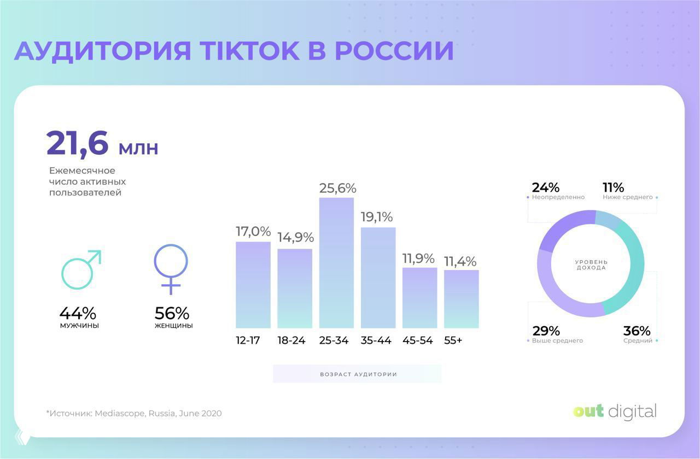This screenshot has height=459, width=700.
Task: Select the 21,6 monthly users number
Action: (x=78, y=144)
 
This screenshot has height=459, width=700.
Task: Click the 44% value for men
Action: (x=78, y=313)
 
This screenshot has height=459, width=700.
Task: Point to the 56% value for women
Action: (x=172, y=313)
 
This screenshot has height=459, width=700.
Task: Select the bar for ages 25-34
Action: (x=336, y=262)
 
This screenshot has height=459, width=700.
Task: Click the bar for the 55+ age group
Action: (x=461, y=299)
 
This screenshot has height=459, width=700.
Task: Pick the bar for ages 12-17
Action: (x=253, y=284)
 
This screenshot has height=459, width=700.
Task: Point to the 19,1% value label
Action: (x=377, y=217)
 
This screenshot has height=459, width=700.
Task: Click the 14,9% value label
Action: (x=295, y=238)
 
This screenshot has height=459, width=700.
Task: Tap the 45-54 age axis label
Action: (x=418, y=340)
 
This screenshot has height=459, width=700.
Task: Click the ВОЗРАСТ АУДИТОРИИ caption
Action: (x=358, y=374)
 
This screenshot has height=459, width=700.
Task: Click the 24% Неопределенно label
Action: (x=555, y=191)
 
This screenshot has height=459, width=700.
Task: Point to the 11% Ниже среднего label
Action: (x=628, y=191)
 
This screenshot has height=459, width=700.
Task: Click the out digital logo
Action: (x=615, y=411)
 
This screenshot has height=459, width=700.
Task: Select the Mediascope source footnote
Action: (x=134, y=414)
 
